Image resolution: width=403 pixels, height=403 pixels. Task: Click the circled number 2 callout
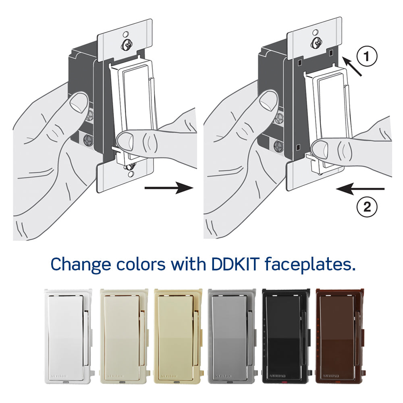click(x=367, y=208)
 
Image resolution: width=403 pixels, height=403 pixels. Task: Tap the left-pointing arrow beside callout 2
click(x=361, y=188)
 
